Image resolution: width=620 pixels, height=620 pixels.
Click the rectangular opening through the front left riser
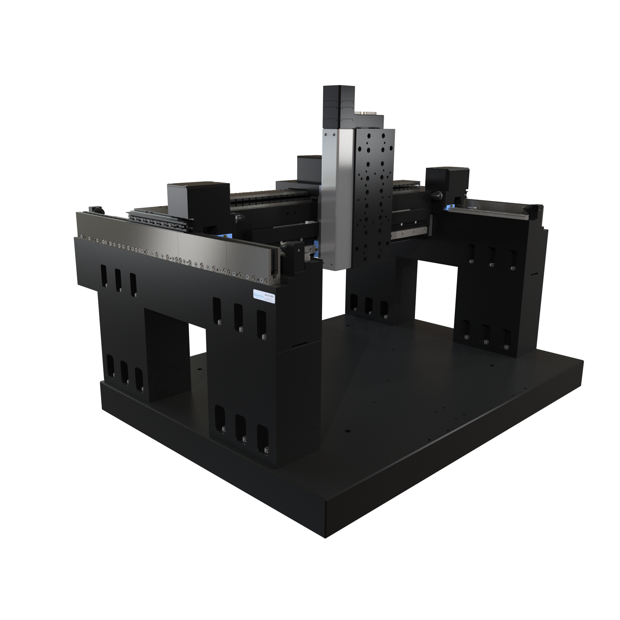(x=197, y=342)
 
